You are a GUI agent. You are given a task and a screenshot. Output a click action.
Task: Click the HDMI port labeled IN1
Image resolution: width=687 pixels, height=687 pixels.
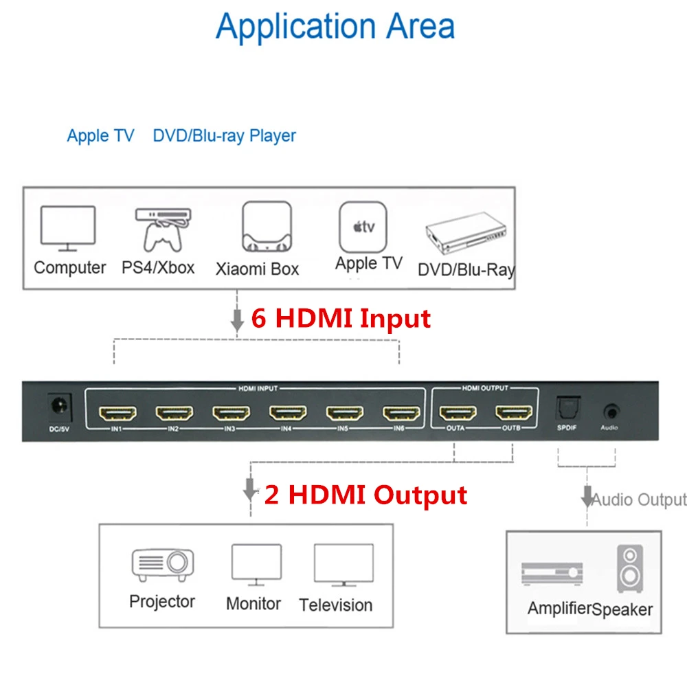point(118,414)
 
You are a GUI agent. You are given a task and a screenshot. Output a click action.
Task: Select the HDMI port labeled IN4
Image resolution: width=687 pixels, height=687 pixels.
point(287,414)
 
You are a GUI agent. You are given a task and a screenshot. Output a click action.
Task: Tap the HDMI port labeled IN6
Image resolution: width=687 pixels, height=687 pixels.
point(401,414)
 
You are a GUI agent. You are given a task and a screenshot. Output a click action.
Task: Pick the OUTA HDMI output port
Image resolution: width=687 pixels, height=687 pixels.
point(458,414)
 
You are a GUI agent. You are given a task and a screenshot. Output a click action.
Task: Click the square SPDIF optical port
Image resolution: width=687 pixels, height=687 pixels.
point(567,412)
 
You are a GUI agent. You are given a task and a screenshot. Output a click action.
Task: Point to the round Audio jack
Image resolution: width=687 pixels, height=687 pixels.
point(610,412)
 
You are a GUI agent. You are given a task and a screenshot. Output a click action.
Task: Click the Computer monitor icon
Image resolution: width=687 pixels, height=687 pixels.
point(67,227)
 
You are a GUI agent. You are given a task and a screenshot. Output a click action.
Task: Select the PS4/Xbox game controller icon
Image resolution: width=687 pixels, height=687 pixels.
point(161,230)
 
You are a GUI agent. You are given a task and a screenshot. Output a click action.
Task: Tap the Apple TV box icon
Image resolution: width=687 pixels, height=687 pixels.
point(363,227)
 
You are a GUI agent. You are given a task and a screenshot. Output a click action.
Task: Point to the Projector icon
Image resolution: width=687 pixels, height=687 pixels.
point(162,564)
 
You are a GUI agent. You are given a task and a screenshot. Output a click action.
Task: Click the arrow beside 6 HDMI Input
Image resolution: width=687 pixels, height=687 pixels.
point(238,320)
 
